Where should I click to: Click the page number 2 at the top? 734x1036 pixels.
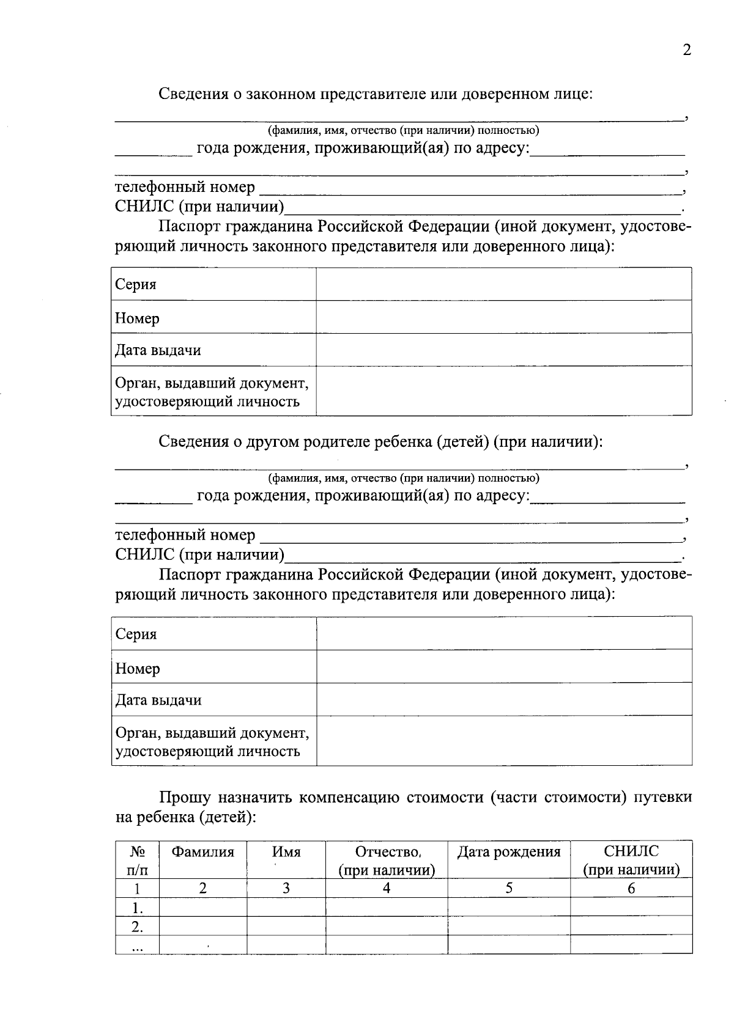(x=686, y=50)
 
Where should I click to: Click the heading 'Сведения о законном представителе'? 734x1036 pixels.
(x=375, y=94)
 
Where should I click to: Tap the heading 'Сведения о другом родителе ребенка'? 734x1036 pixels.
(x=380, y=441)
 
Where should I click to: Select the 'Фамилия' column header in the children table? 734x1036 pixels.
(x=202, y=851)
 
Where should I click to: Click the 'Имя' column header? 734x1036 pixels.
(x=286, y=851)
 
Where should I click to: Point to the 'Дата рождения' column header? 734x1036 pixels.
(x=508, y=851)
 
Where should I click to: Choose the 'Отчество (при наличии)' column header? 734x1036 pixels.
(x=387, y=861)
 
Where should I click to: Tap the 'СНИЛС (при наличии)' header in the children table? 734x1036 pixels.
(x=631, y=861)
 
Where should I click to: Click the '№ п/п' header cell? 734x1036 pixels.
(x=137, y=861)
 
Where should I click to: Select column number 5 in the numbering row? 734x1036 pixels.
(x=508, y=888)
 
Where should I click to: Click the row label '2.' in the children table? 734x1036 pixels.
(x=137, y=927)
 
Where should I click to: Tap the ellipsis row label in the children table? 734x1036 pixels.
(x=137, y=946)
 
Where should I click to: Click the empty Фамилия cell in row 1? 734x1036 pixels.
(x=202, y=907)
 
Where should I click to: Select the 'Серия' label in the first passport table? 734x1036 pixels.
(x=136, y=284)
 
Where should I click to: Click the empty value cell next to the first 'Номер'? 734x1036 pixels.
(x=503, y=317)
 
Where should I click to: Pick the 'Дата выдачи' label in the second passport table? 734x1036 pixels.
(x=158, y=700)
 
